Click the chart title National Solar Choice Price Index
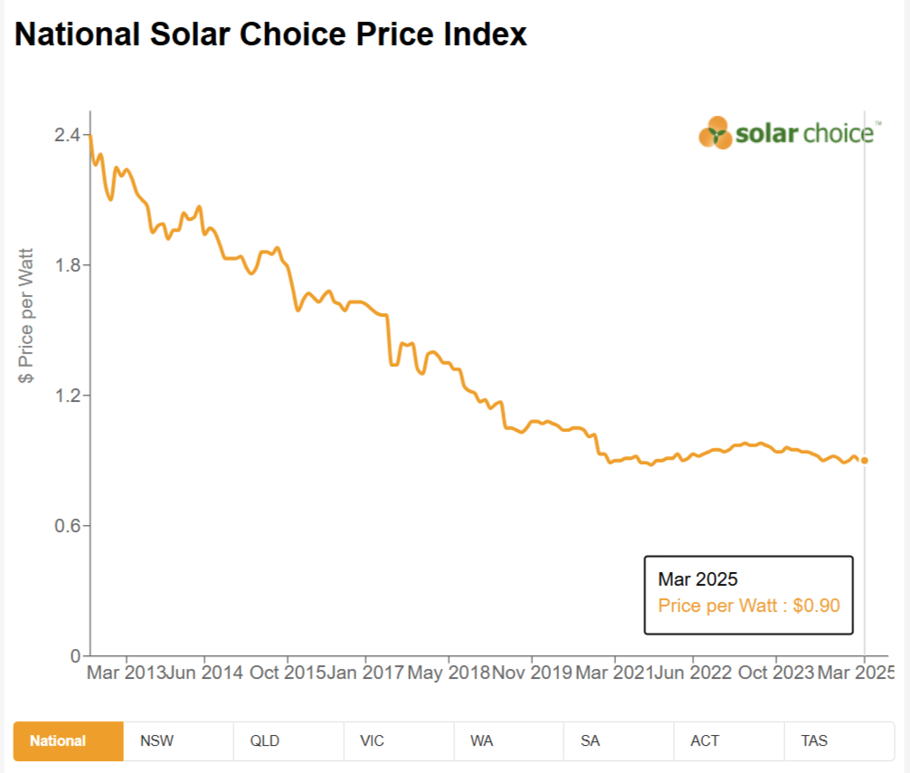click(x=270, y=34)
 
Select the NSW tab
click(x=156, y=740)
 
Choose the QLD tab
click(x=265, y=740)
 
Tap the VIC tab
click(x=372, y=740)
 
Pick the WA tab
click(x=481, y=740)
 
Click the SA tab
click(x=591, y=740)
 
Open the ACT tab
click(x=705, y=740)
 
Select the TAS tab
click(x=814, y=740)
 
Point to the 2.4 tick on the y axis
click(x=68, y=135)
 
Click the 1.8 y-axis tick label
click(x=68, y=265)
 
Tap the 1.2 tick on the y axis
click(x=68, y=396)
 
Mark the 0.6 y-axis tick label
click(x=68, y=526)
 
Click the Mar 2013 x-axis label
click(x=126, y=673)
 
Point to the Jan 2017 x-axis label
click(x=365, y=673)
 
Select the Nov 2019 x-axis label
click(x=531, y=673)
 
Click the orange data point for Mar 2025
click(x=865, y=461)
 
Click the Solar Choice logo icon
click(x=716, y=133)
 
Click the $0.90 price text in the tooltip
click(x=817, y=605)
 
